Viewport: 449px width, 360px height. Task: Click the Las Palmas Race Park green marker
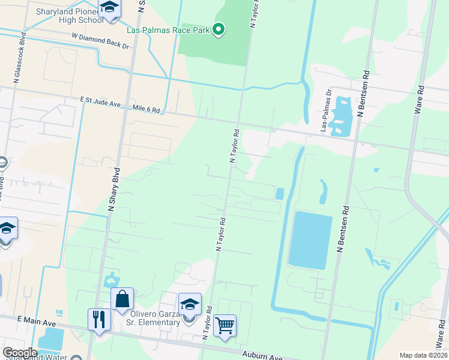218,29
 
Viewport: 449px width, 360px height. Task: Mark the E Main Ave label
37,322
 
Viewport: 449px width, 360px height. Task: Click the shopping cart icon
225,325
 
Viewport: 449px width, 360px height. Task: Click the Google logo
20,353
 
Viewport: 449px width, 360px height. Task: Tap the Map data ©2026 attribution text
423,355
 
